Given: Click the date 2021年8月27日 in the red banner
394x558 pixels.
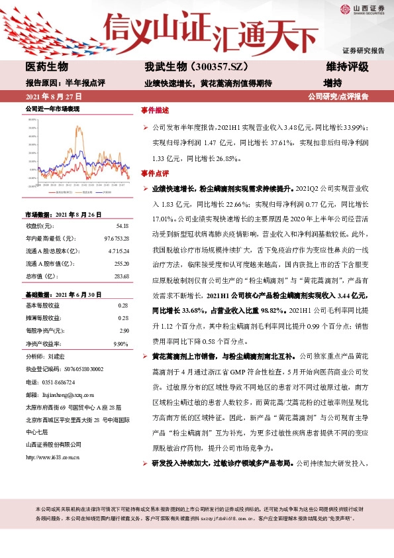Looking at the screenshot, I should pyautogui.click(x=49, y=96).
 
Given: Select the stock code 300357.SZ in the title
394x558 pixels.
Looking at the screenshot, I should pyautogui.click(x=202, y=67).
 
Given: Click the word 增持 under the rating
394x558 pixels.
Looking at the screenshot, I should pyautogui.click(x=332, y=83).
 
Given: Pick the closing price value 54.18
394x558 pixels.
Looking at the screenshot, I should pyautogui.click(x=121, y=227).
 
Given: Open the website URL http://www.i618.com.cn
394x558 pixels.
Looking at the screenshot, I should pyautogui.click(x=52, y=457).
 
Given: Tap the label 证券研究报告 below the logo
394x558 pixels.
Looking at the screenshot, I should pyautogui.click(x=363, y=50).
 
